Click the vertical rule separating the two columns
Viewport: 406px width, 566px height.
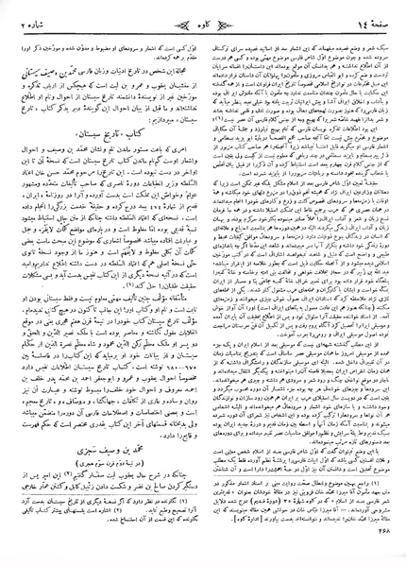(x=202, y=283)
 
